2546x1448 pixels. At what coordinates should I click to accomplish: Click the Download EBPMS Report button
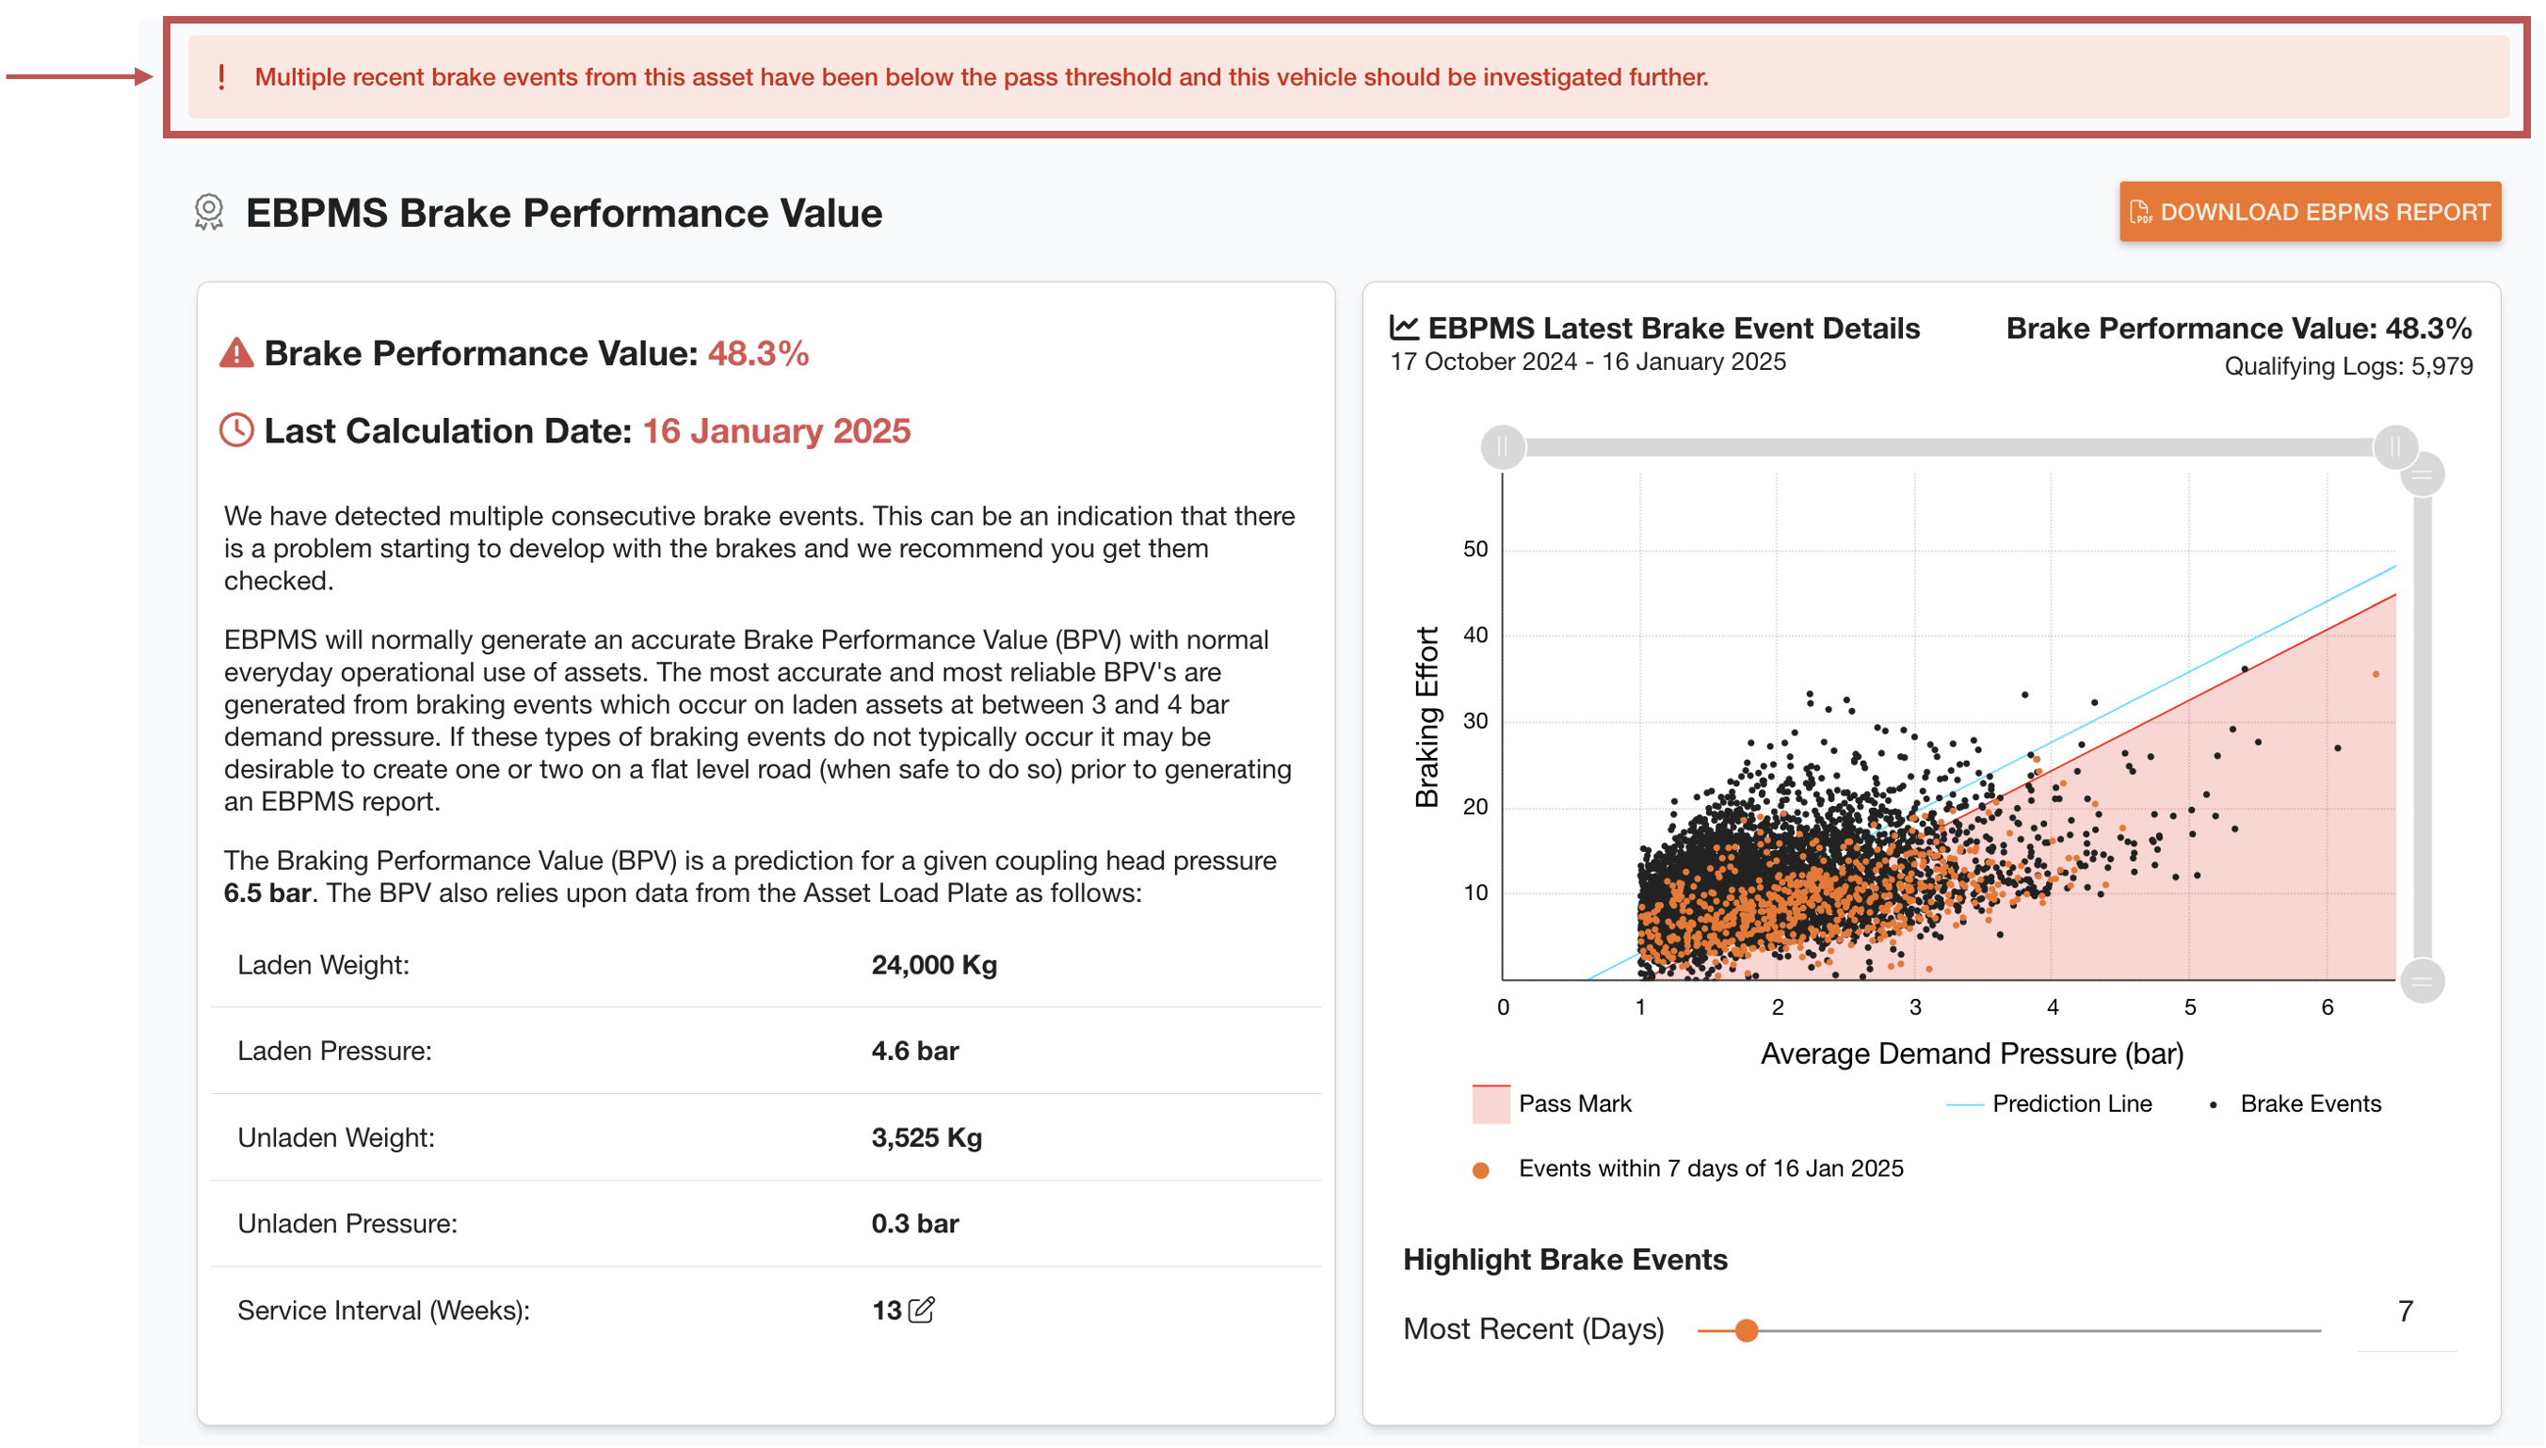(2309, 212)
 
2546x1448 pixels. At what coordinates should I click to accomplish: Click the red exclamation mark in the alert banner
(220, 76)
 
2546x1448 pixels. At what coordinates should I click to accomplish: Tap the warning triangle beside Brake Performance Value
(235, 353)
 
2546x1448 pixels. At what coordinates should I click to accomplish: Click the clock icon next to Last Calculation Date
(235, 430)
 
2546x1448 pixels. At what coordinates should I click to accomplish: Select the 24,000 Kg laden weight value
(933, 965)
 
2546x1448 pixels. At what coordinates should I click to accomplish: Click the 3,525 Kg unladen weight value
(926, 1136)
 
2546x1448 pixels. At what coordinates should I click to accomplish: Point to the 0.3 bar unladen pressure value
(914, 1223)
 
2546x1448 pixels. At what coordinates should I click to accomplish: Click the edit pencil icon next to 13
(922, 1310)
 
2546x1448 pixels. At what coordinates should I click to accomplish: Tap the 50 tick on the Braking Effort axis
(1474, 549)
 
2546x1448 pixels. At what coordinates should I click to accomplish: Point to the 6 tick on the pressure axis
(2327, 1007)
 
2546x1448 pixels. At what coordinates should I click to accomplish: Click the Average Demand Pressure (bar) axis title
(1971, 1054)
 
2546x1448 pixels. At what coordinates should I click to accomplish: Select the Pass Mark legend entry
(1552, 1104)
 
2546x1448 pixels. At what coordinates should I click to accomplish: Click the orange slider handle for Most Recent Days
(1746, 1330)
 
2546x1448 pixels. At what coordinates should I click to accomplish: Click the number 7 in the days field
(2405, 1311)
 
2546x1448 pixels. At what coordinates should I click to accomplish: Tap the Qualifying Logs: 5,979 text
(2347, 366)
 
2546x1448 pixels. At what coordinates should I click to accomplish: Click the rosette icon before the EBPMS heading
(209, 212)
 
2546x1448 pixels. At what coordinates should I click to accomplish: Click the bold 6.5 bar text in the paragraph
(266, 893)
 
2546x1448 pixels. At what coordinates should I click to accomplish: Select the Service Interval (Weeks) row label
(383, 1311)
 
